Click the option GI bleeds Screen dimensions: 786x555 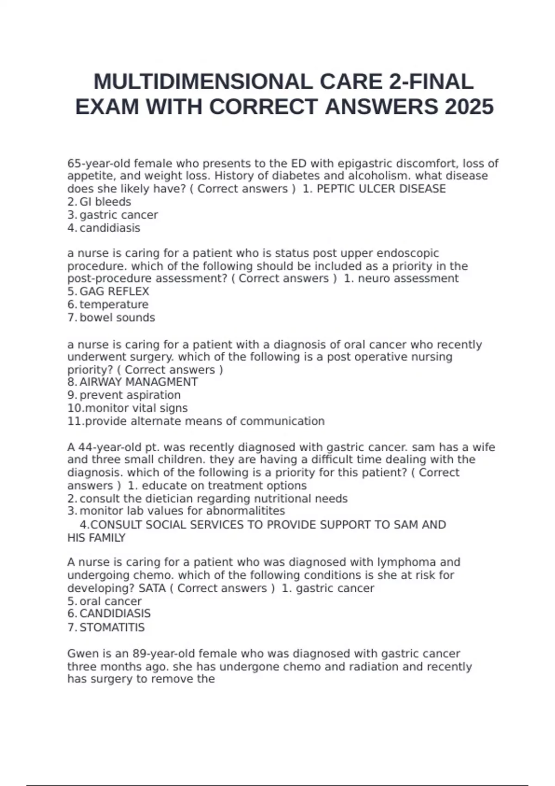tap(105, 202)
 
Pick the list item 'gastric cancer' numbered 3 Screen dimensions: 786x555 tap(118, 215)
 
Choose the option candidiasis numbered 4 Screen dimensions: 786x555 tap(110, 228)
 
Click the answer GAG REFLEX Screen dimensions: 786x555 tap(114, 292)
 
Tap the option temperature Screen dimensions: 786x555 tap(114, 305)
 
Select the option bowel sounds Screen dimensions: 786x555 tap(117, 318)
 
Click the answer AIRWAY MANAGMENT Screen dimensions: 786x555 tap(138, 382)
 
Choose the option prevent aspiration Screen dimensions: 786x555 tap(130, 395)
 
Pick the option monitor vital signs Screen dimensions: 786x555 tap(136, 408)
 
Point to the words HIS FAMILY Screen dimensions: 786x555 tap(96, 538)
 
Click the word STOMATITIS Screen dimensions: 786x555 tap(112, 627)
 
